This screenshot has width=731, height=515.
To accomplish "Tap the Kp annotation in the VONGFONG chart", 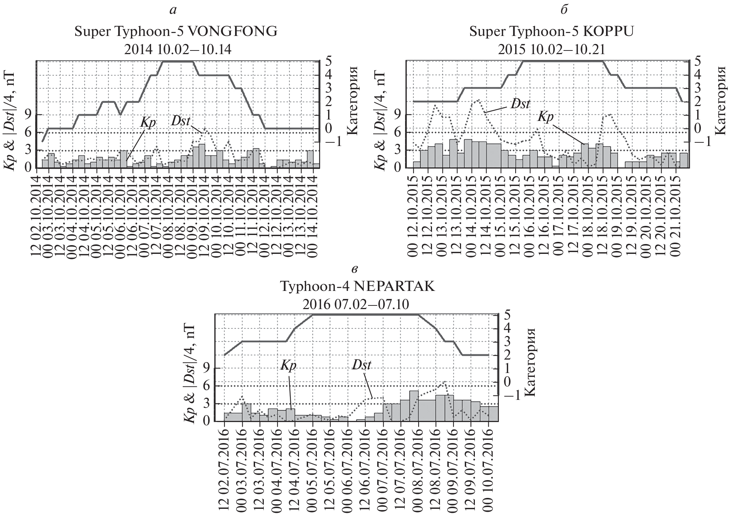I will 148,123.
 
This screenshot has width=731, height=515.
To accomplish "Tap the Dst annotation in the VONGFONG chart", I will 181,121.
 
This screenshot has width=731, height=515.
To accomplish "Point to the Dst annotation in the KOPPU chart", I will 520,104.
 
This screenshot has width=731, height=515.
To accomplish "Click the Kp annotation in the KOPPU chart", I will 545,117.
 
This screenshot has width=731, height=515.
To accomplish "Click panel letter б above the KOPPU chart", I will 564,10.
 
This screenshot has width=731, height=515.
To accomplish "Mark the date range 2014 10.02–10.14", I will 178,49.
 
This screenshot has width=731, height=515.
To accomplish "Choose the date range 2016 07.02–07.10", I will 356,304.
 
